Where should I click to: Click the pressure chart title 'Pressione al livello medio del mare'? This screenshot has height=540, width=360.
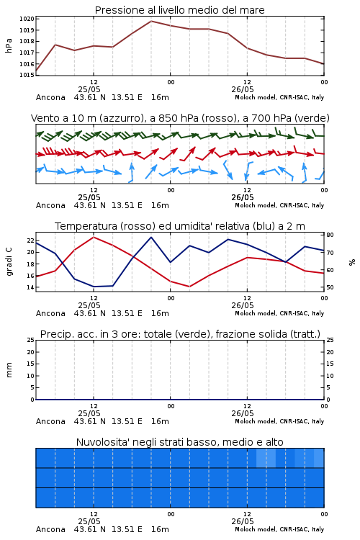[x=180, y=10]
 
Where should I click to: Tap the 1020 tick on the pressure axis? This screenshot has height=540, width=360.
[x=27, y=19]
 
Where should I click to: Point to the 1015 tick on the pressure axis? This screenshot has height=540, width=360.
[x=27, y=75]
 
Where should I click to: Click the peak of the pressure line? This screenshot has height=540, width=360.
[x=151, y=21]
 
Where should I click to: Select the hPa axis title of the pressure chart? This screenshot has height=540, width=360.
[x=9, y=45]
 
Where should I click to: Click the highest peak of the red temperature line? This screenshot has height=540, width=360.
[x=94, y=237]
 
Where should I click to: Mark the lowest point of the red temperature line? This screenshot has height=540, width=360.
[x=189, y=287]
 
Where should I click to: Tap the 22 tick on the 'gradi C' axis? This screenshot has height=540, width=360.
[x=31, y=240]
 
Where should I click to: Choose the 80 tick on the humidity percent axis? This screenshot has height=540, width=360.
[x=330, y=235]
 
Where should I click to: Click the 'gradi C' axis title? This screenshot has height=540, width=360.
[x=9, y=261]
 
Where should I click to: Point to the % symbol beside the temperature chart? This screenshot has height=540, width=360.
[x=352, y=262]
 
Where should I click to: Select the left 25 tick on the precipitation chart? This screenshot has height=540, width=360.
[x=31, y=340]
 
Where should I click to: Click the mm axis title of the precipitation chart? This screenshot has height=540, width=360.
[x=9, y=370]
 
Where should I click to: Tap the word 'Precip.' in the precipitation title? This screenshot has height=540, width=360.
[x=53, y=334]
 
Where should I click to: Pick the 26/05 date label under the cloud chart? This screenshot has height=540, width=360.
[x=243, y=521]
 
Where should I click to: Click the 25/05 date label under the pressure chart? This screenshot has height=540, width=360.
[x=89, y=89]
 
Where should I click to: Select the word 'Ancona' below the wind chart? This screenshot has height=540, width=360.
[x=50, y=205]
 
